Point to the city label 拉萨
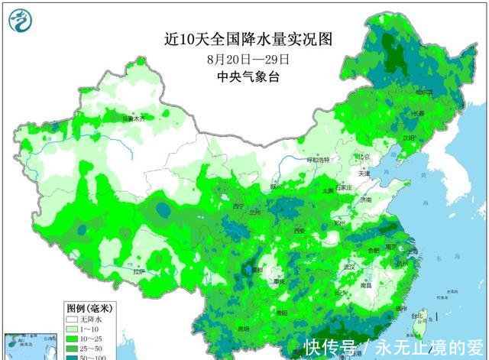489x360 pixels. [138, 271]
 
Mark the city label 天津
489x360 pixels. [363, 174]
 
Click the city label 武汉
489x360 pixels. [351, 267]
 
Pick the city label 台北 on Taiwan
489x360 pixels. [417, 315]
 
